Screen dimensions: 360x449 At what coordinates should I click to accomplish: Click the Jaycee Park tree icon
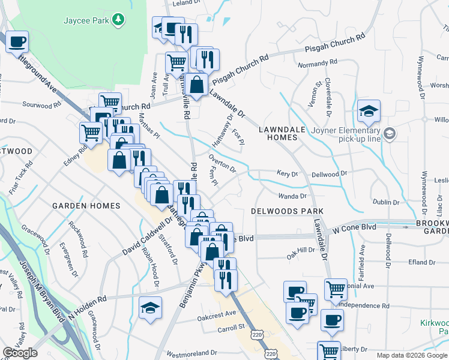pos(119,20)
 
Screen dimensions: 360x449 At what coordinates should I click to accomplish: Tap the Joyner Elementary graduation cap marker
pos(369,111)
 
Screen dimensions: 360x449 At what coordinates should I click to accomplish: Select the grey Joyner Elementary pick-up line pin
pos(390,133)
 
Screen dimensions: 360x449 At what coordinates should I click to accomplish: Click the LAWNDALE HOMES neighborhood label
pos(278,133)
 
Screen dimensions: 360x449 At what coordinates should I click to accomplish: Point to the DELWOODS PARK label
pos(287,211)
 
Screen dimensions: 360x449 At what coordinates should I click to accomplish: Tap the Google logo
pos(20,353)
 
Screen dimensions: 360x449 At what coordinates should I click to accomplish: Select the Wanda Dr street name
pos(292,196)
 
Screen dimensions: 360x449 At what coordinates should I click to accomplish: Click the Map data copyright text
pos(412,355)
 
